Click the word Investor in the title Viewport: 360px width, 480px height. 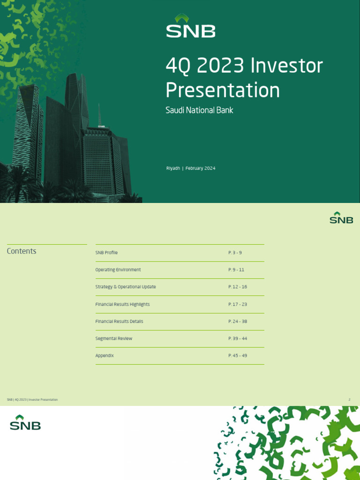[287, 66]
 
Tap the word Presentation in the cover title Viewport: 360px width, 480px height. [223, 90]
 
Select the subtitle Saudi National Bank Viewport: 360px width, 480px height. [199, 111]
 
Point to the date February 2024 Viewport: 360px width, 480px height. [200, 168]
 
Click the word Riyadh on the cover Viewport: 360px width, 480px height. [173, 168]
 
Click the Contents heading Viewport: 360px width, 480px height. [22, 251]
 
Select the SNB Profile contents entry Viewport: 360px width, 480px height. [106, 253]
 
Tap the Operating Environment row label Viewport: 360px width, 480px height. [118, 270]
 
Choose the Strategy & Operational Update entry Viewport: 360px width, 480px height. [126, 287]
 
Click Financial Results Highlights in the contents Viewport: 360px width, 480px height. [122, 304]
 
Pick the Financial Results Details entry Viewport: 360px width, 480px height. [119, 322]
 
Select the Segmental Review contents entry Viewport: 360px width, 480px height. [114, 338]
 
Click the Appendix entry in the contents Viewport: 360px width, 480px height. [105, 356]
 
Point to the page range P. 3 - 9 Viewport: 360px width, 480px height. [235, 253]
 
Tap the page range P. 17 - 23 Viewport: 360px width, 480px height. [238, 304]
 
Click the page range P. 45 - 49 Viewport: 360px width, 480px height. [238, 356]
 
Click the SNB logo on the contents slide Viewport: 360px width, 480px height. [341, 218]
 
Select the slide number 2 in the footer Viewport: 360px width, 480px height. [349, 399]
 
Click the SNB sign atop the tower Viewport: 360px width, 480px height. [101, 127]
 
